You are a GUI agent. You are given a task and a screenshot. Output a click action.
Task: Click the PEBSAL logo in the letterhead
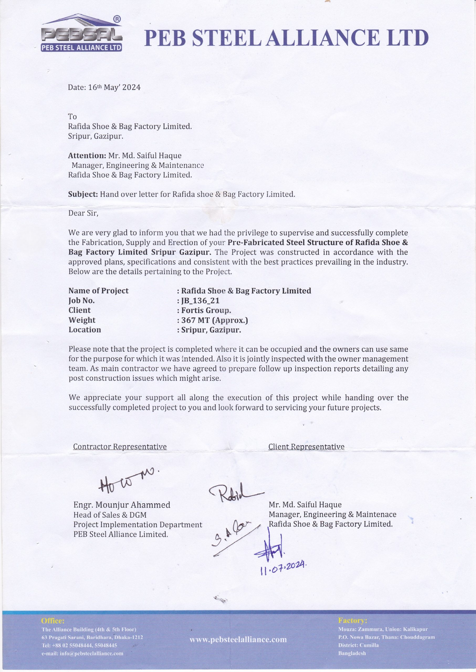pos(81,33)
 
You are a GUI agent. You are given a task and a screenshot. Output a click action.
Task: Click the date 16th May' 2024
pos(104,87)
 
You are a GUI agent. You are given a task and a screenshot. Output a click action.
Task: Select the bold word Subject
pos(83,194)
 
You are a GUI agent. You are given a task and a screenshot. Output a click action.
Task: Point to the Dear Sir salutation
pos(83,213)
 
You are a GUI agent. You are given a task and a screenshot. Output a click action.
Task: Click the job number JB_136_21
pos(200,301)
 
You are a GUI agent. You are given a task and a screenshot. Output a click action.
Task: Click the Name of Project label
pos(98,291)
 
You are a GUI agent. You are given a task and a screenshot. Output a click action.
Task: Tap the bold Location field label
pos(85,330)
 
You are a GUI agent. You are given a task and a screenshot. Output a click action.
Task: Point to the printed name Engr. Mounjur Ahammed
pos(122,505)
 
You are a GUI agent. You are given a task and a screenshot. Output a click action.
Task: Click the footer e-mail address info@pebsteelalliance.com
pos(82,653)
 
